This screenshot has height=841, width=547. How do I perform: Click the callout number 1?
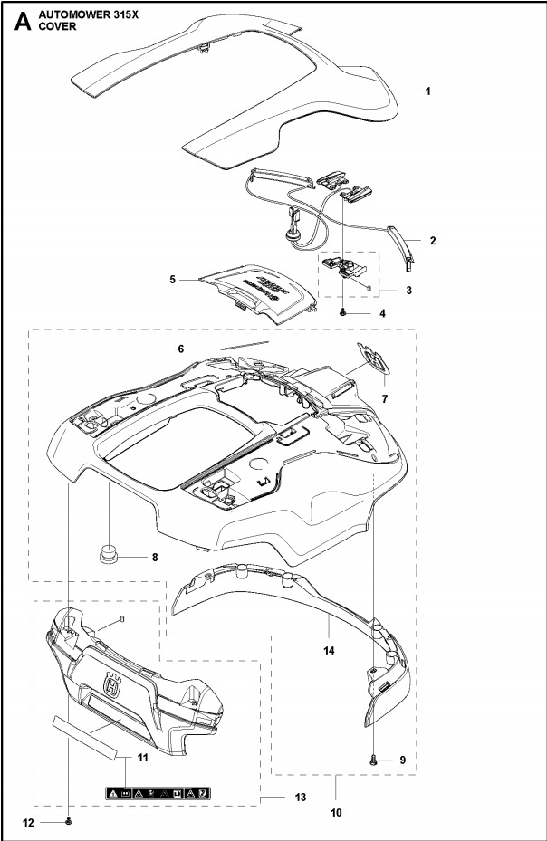tap(428, 91)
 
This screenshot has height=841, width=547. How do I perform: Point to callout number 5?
tap(173, 280)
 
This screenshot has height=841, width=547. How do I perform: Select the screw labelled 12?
tap(68, 821)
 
